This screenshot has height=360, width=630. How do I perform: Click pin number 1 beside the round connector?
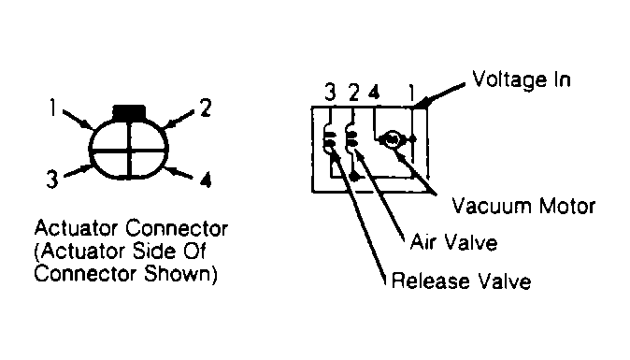pyautogui.click(x=52, y=108)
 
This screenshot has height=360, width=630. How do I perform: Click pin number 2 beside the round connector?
pyautogui.click(x=206, y=108)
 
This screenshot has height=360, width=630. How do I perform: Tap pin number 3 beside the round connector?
pyautogui.click(x=52, y=180)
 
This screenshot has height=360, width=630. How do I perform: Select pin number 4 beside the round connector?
pyautogui.click(x=206, y=180)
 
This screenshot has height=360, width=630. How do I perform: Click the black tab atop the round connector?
pyautogui.click(x=129, y=111)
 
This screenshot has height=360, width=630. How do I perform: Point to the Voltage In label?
pyautogui.click(x=522, y=79)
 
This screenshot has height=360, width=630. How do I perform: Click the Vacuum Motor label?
pyautogui.click(x=523, y=206)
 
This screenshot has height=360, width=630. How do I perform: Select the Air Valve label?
pyautogui.click(x=453, y=243)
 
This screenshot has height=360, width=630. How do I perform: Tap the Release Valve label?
pyautogui.click(x=461, y=281)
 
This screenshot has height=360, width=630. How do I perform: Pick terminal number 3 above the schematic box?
pyautogui.click(x=330, y=93)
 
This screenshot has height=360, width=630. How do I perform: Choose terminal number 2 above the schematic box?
pyautogui.click(x=353, y=93)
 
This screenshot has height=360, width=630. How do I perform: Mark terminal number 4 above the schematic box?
pyautogui.click(x=374, y=93)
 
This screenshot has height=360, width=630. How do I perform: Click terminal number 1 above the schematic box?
pyautogui.click(x=411, y=93)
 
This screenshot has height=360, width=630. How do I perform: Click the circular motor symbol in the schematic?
pyautogui.click(x=390, y=140)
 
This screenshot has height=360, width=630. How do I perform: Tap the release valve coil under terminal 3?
pyautogui.click(x=329, y=138)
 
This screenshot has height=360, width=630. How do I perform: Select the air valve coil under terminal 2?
pyautogui.click(x=351, y=138)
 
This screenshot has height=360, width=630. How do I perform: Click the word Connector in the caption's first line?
pyautogui.click(x=177, y=228)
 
